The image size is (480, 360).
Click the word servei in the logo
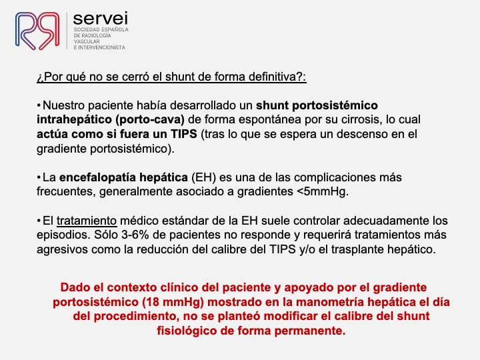click(x=100, y=19)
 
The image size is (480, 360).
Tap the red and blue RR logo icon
click(x=37, y=31)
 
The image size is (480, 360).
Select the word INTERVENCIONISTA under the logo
click(x=101, y=47)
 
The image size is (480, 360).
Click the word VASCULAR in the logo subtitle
click(x=87, y=41)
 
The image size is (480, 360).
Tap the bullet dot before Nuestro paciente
click(x=39, y=105)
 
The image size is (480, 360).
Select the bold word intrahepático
click(x=74, y=120)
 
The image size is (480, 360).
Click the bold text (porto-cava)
click(x=150, y=120)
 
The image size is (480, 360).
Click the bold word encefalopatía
click(x=97, y=177)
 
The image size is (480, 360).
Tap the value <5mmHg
click(x=323, y=192)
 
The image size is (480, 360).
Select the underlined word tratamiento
click(x=87, y=221)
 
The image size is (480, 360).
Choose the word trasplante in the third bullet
click(x=355, y=249)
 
